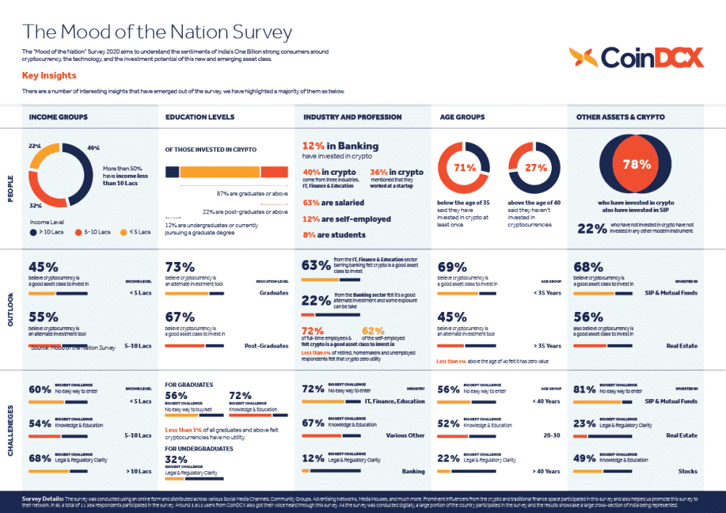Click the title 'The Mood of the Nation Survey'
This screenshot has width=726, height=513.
(157, 32)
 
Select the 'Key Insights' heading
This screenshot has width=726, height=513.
(49, 75)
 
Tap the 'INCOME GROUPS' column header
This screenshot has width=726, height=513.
(58, 117)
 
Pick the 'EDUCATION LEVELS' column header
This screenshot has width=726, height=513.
(200, 117)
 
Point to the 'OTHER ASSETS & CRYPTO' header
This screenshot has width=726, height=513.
(620, 117)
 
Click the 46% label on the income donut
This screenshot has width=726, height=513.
(93, 148)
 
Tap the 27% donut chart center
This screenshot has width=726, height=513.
(536, 168)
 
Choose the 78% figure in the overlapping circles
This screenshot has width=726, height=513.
(637, 165)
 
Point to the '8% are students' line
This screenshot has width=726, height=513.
(334, 235)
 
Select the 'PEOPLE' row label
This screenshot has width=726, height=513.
(10, 189)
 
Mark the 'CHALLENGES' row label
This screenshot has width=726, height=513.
(10, 430)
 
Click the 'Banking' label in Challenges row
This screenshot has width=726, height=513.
(413, 472)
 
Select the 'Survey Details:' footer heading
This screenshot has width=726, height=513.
(44, 499)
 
